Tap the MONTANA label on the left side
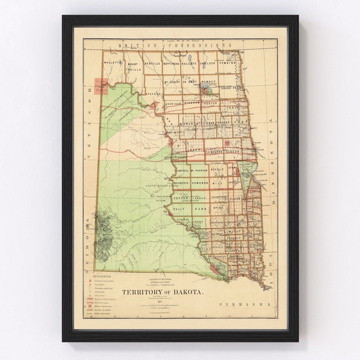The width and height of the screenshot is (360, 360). [x=91, y=121]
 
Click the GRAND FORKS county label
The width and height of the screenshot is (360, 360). [x=230, y=92]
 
